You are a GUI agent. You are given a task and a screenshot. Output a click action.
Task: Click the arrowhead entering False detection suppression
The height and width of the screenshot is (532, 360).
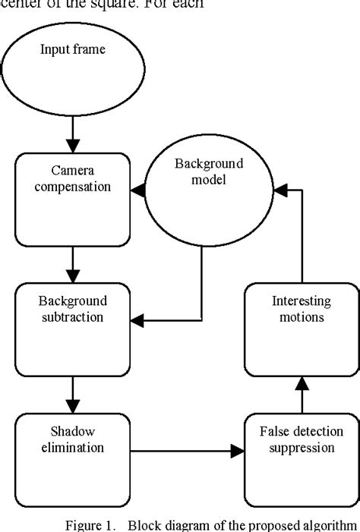pyautogui.click(x=238, y=452)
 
